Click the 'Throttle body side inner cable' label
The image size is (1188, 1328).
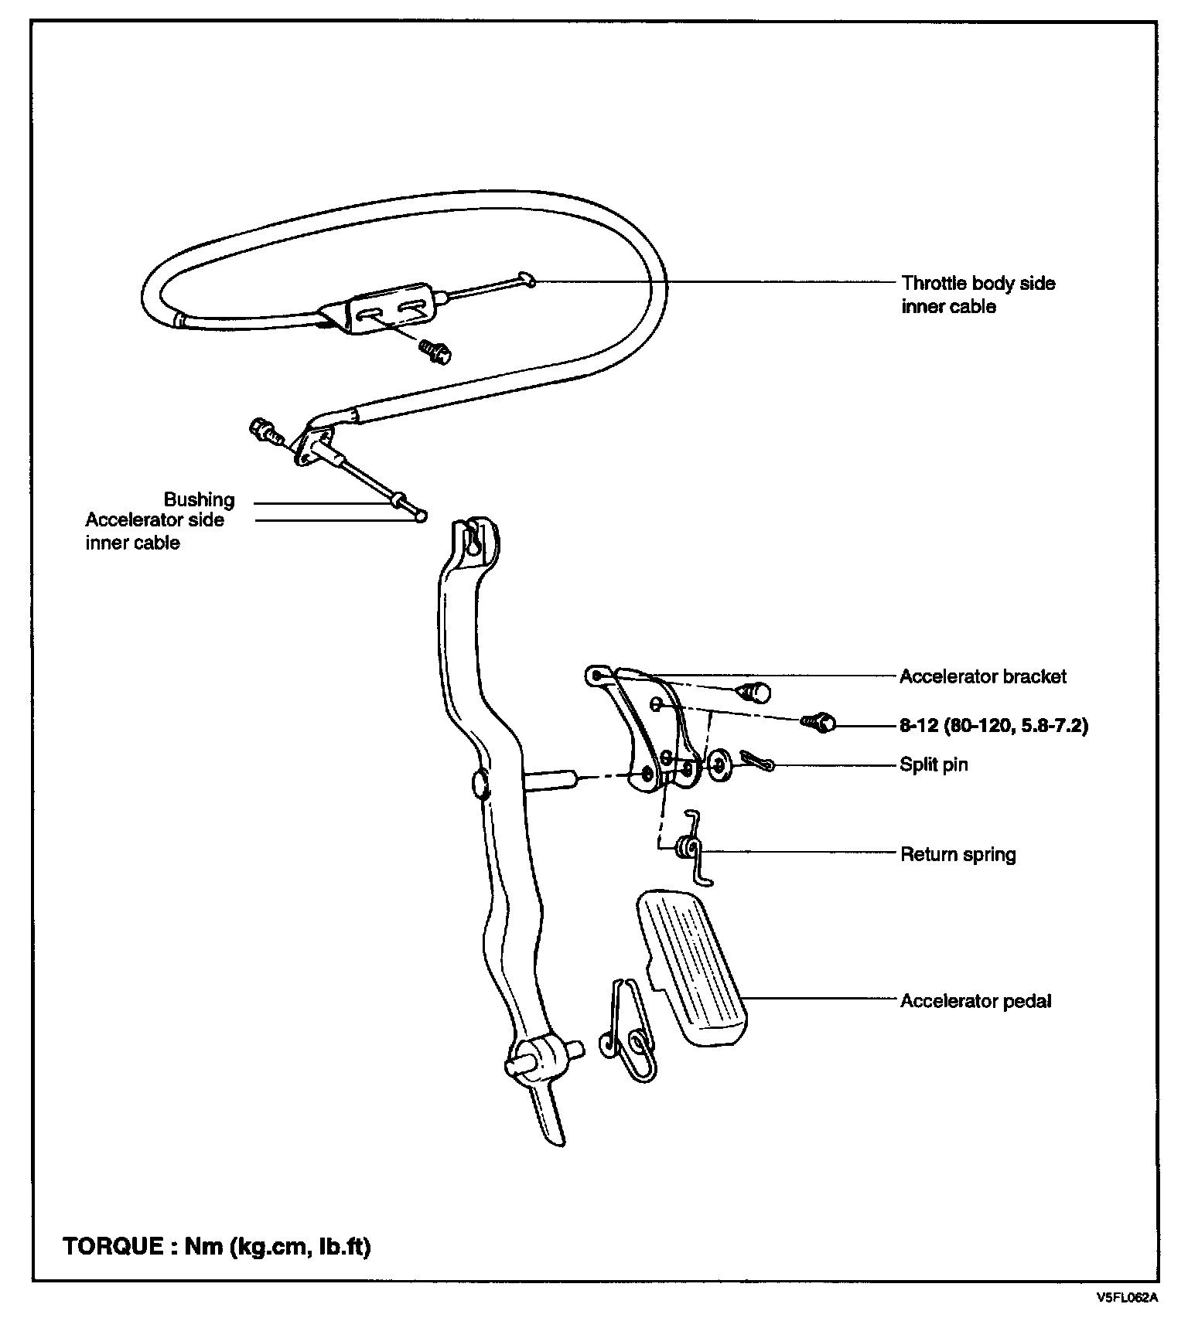tap(978, 295)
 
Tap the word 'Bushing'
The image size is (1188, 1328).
tap(199, 499)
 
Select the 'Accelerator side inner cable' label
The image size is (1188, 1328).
tap(155, 531)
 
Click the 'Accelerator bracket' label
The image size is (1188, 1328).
tap(982, 676)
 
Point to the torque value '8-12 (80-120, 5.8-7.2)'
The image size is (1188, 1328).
tap(993, 726)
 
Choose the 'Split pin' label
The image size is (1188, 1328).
tap(933, 764)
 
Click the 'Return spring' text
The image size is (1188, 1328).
tap(958, 854)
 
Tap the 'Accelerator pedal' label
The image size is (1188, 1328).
tap(975, 1001)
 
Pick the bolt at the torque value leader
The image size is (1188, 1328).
tap(818, 723)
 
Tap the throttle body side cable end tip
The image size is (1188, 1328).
tap(526, 278)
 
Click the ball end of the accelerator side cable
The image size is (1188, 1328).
tap(421, 516)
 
